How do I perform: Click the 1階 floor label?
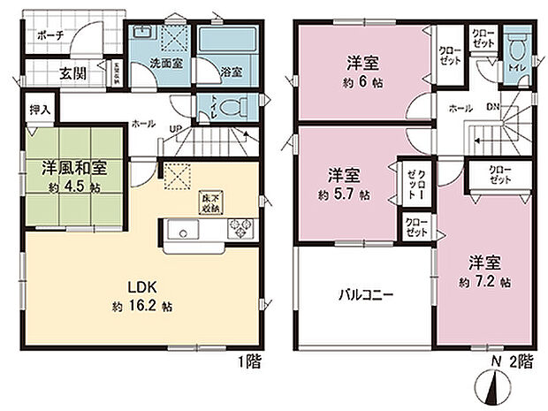[247, 362]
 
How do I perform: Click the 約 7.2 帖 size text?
[484, 282]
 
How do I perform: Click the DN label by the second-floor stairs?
[493, 107]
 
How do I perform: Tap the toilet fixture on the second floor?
[518, 45]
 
